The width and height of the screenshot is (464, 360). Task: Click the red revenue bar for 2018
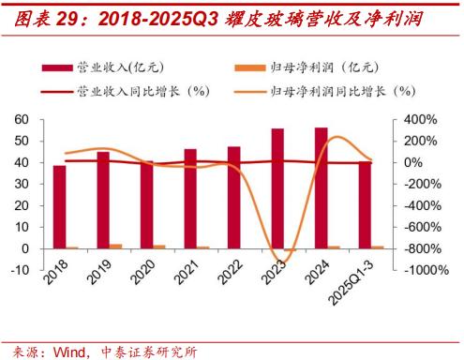pos(59,206)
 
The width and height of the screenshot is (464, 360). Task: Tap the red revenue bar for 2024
pos(321,187)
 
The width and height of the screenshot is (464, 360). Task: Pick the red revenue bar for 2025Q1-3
pos(365,204)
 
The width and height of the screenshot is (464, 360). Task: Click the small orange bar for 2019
pos(116,246)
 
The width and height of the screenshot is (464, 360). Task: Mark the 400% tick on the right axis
pos(419,120)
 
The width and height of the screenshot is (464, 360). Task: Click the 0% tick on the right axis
pos(413,163)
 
